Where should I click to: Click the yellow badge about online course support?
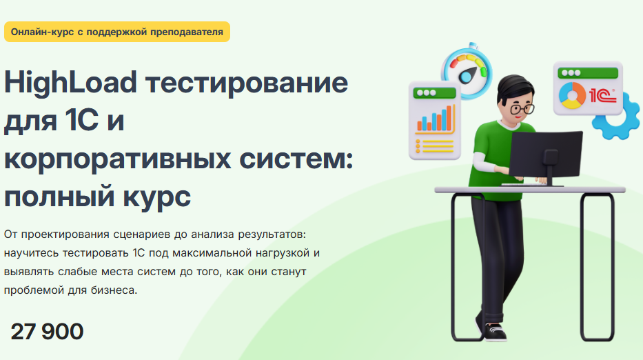116,31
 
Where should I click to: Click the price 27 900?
47,332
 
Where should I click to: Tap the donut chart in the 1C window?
571,94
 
